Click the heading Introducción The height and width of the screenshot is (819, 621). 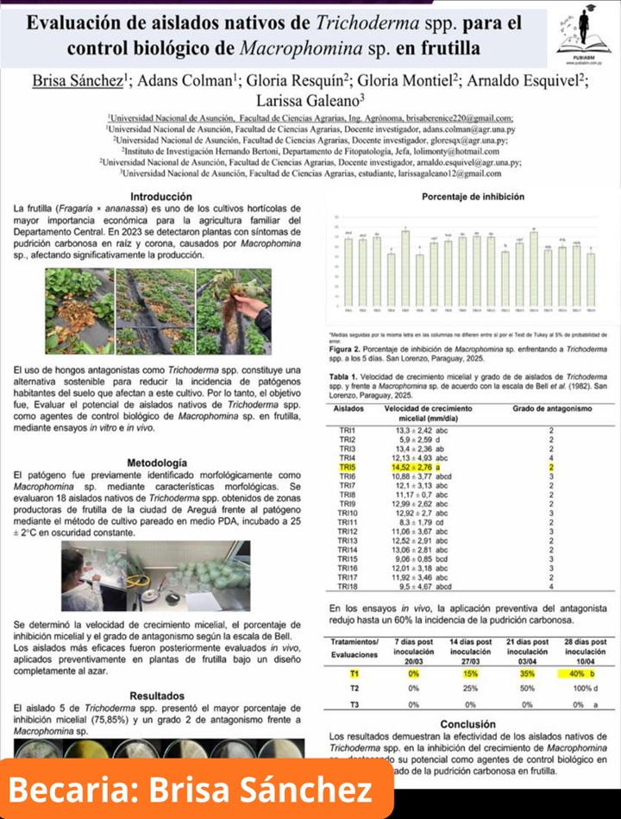[x=155, y=197]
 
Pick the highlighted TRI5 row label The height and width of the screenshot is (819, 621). [x=348, y=467]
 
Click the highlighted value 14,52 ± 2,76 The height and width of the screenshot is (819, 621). [x=412, y=467]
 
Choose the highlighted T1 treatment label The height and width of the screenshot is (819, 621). [x=354, y=672]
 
